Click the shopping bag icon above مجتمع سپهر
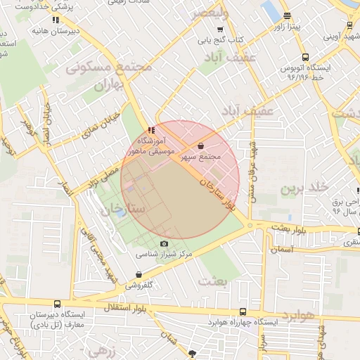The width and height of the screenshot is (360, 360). (x=202, y=146)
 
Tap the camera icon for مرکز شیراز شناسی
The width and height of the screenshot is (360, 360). (x=165, y=243)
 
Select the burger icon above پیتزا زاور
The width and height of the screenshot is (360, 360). (x=286, y=16)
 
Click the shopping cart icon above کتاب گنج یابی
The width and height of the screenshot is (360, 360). (x=220, y=29)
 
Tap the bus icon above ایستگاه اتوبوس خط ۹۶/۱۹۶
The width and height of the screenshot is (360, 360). (x=304, y=58)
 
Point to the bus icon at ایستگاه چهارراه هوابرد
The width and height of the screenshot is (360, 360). (x=243, y=311)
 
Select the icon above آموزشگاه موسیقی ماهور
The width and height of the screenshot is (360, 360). (x=151, y=130)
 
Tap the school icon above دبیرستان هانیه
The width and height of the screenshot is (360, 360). (x=56, y=20)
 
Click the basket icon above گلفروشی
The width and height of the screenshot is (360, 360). (x=138, y=275)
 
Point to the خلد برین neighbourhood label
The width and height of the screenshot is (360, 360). (x=304, y=188)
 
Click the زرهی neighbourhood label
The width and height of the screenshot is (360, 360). (x=99, y=349)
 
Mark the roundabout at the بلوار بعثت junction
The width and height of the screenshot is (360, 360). (x=249, y=225)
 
